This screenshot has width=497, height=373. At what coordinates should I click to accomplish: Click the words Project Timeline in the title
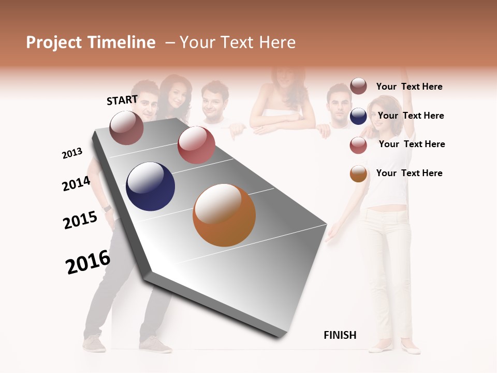(x=91, y=42)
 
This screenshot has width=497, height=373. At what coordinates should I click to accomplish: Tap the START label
(x=122, y=100)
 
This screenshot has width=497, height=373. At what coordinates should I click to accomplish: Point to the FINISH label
(x=340, y=335)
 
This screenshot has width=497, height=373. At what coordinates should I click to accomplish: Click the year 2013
(x=72, y=153)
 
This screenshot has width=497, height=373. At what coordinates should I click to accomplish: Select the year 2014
(x=76, y=183)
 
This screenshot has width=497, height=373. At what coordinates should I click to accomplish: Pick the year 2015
(x=80, y=220)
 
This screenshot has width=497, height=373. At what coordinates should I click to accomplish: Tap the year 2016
(x=88, y=262)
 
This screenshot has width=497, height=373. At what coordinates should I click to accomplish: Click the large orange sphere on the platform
(x=224, y=215)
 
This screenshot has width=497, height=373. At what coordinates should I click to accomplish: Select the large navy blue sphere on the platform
(x=151, y=187)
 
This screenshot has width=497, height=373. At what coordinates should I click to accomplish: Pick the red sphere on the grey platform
(x=196, y=145)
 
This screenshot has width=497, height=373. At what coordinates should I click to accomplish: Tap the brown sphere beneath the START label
(x=126, y=127)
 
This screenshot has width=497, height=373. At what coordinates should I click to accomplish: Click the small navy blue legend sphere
(x=358, y=117)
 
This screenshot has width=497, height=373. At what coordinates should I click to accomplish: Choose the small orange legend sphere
(x=358, y=174)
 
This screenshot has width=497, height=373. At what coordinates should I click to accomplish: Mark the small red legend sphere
(x=358, y=145)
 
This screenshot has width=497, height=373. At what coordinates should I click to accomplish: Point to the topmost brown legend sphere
(x=358, y=87)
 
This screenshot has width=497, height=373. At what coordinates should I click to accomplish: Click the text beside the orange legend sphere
(x=410, y=173)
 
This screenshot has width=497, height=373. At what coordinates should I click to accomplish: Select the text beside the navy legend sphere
(x=411, y=116)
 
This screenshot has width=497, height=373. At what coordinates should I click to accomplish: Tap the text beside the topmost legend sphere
(x=410, y=87)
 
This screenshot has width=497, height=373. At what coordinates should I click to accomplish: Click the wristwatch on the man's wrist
(x=107, y=208)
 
